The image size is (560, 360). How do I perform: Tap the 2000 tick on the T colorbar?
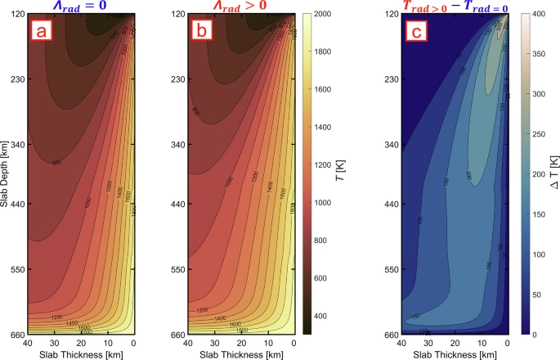pyautogui.click(x=325, y=15)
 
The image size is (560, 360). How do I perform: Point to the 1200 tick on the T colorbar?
pyautogui.click(x=325, y=164)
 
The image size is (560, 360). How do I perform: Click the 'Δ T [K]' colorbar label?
pyautogui.click(x=553, y=173)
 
